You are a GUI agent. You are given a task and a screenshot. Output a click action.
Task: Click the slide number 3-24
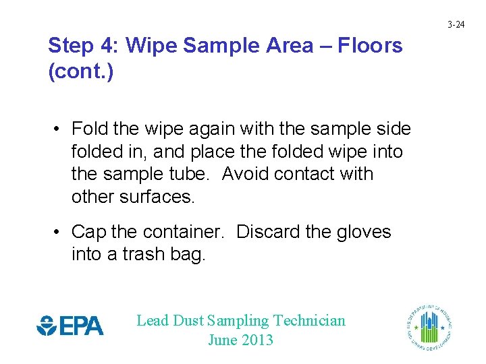click(x=457, y=25)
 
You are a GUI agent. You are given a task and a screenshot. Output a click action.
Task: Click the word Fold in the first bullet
click(x=86, y=128)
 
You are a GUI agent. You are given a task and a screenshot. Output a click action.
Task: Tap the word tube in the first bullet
click(x=192, y=174)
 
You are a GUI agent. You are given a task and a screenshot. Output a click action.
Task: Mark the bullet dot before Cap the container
click(x=59, y=233)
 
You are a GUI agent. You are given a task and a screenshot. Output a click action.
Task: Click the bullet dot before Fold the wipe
click(x=59, y=129)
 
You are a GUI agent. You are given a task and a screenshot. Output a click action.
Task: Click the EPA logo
click(x=70, y=326)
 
